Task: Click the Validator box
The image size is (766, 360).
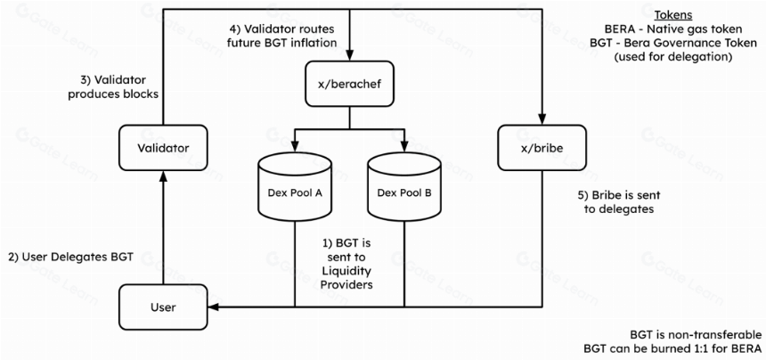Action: point(163,148)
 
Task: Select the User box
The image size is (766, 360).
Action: point(163,307)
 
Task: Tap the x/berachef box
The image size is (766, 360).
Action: point(349,84)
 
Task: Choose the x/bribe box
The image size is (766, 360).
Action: point(542,148)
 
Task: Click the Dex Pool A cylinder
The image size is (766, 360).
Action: point(295,189)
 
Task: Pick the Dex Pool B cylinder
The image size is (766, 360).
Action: point(404,189)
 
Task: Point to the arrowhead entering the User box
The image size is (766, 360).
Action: point(214,307)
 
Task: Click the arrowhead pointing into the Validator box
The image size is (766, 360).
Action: point(163,176)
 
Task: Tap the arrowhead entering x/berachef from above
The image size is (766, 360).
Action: point(349,54)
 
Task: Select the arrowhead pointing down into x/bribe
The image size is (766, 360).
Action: point(542,119)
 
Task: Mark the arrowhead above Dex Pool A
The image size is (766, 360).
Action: point(295,146)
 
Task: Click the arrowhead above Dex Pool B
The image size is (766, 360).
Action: point(404,146)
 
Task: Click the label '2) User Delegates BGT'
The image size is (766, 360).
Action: point(71,258)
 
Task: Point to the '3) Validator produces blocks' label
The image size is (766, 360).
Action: point(113,87)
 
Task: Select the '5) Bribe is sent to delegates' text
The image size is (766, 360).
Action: point(619,202)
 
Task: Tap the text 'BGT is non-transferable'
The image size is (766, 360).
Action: point(696,335)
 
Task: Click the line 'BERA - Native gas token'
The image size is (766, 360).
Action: point(672,29)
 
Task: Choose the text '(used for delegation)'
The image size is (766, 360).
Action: point(672,57)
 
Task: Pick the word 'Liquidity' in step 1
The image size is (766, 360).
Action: point(350,271)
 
